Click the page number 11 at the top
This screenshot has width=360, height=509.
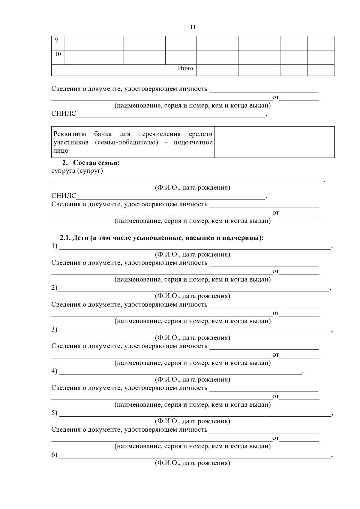pyautogui.click(x=193, y=27)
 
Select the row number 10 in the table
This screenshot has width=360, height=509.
pyautogui.click(x=58, y=54)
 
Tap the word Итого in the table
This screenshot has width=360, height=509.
pyautogui.click(x=185, y=68)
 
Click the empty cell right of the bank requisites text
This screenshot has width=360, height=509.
pyautogui.click(x=274, y=142)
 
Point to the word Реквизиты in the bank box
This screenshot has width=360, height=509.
pyautogui.click(x=70, y=134)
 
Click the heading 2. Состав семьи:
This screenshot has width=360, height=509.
pyautogui.click(x=91, y=163)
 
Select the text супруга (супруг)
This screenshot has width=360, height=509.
pyautogui.click(x=77, y=171)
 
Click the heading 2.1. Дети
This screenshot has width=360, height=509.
pyautogui.click(x=162, y=238)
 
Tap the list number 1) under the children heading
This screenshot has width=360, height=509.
pyautogui.click(x=54, y=246)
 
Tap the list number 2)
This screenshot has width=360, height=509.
pyautogui.click(x=54, y=288)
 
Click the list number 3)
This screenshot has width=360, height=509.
pyautogui.click(x=54, y=329)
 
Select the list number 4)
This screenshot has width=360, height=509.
pyautogui.click(x=54, y=371)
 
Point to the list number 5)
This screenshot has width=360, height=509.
pyautogui.click(x=54, y=413)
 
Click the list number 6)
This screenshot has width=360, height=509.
pyautogui.click(x=54, y=455)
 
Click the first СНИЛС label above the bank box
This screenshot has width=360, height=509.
pyautogui.click(x=64, y=114)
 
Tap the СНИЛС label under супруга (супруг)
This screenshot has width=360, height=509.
pyautogui.click(x=64, y=196)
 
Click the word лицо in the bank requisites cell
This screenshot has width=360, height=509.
pyautogui.click(x=61, y=151)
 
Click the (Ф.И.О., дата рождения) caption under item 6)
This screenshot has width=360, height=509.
pyautogui.click(x=192, y=463)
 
